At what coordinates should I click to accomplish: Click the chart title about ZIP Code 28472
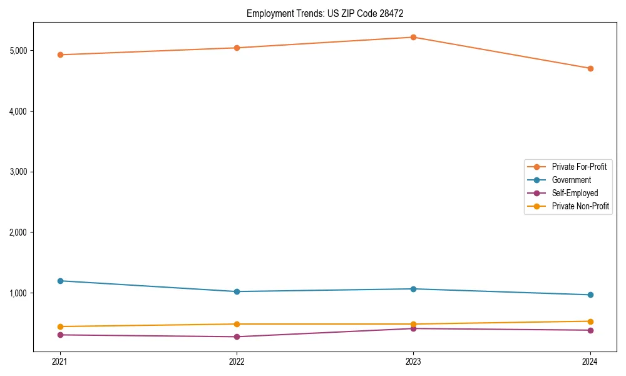(330, 13)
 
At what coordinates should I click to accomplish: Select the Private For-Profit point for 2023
(413, 37)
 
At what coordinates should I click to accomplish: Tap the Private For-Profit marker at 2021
(60, 55)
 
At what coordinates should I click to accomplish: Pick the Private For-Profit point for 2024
(590, 68)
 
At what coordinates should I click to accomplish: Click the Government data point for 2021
(60, 281)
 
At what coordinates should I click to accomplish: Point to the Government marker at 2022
(237, 291)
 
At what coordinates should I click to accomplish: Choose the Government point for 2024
(590, 295)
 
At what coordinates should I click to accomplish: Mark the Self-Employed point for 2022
(237, 337)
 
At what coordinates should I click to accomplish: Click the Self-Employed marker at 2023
(413, 328)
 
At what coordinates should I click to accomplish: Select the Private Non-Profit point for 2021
(60, 326)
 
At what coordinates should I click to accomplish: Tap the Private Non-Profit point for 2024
(590, 321)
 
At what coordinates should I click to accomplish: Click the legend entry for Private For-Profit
(578, 167)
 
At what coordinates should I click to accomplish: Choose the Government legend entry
(571, 180)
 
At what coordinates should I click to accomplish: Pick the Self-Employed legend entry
(575, 193)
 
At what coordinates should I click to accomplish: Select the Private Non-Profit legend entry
(580, 206)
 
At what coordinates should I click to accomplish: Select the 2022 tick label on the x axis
(237, 362)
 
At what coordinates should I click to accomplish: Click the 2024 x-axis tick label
(590, 362)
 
